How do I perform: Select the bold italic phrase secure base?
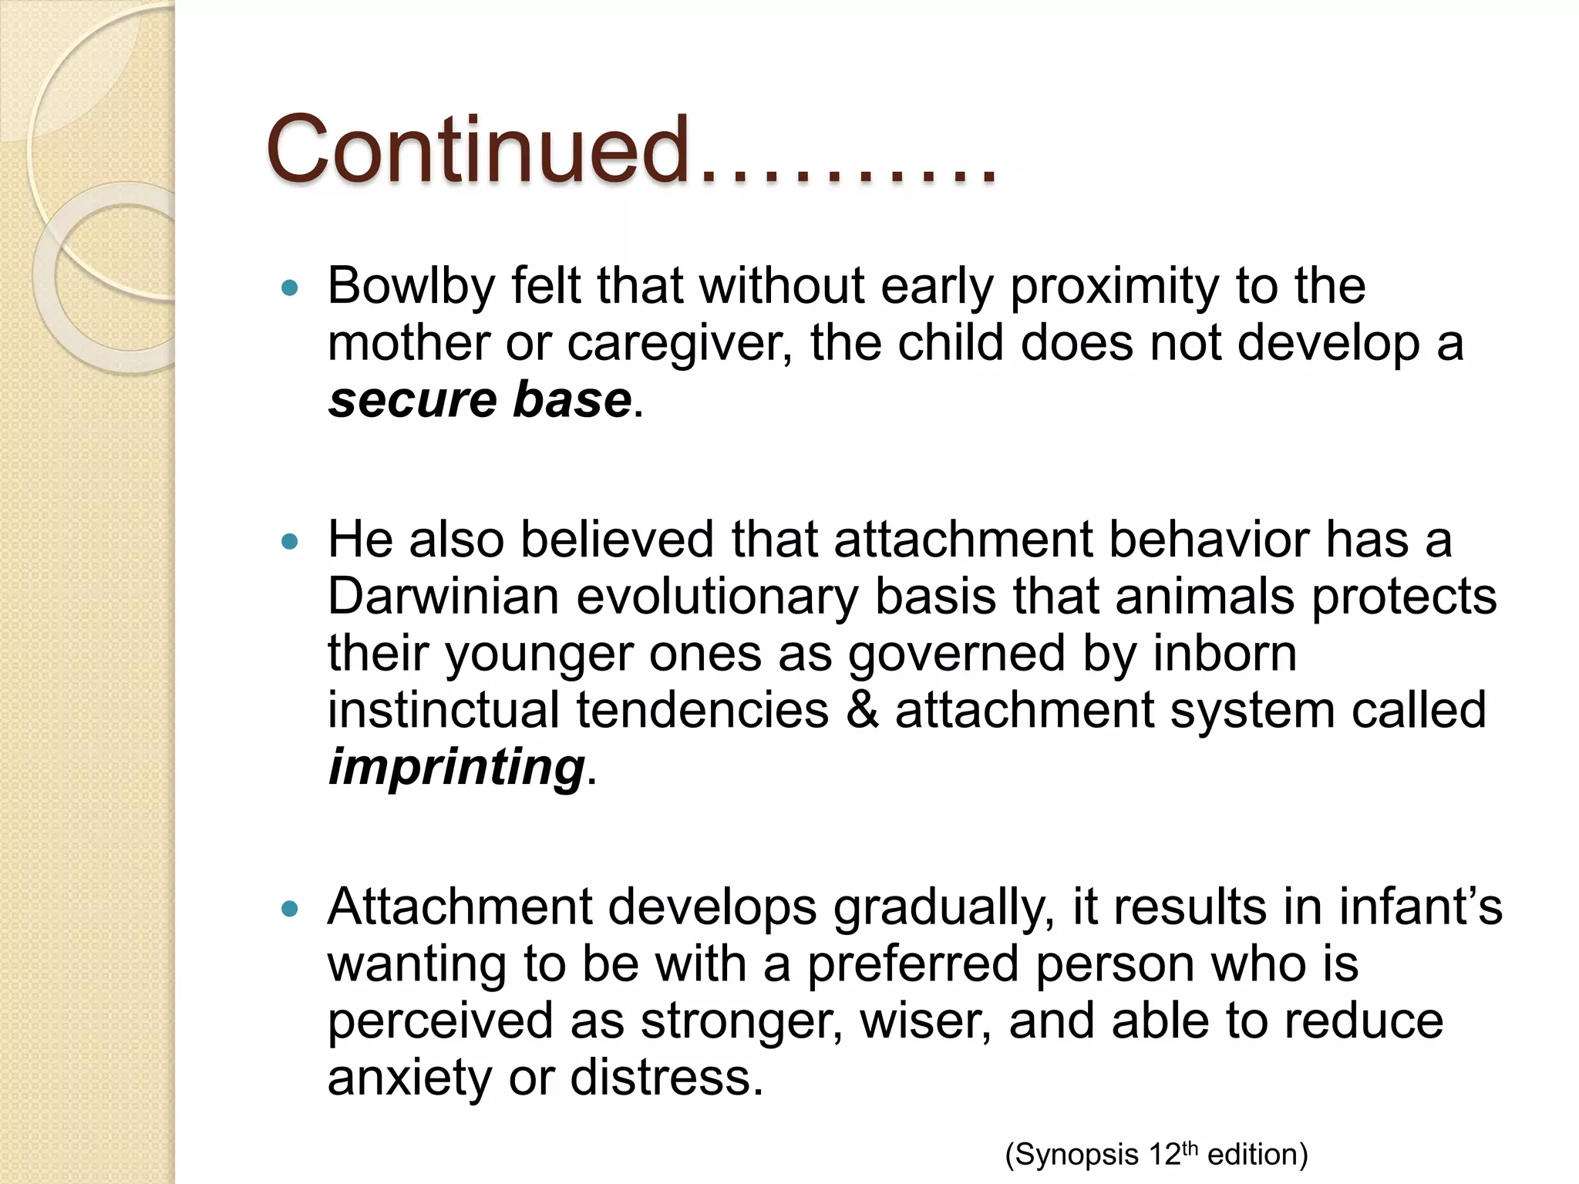pyautogui.click(x=480, y=400)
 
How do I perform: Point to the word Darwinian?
pyautogui.click(x=443, y=597)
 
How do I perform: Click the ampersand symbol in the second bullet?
pyautogui.click(x=862, y=710)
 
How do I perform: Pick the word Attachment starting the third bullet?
pyautogui.click(x=460, y=906)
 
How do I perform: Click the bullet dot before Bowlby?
pyautogui.click(x=290, y=288)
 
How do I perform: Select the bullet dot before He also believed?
pyautogui.click(x=290, y=542)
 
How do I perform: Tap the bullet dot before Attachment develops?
pyautogui.click(x=290, y=910)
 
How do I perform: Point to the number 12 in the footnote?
pyautogui.click(x=1164, y=1155)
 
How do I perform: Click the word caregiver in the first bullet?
pyautogui.click(x=679, y=344)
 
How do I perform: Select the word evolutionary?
pyautogui.click(x=717, y=597)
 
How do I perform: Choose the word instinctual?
pyautogui.click(x=443, y=710)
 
